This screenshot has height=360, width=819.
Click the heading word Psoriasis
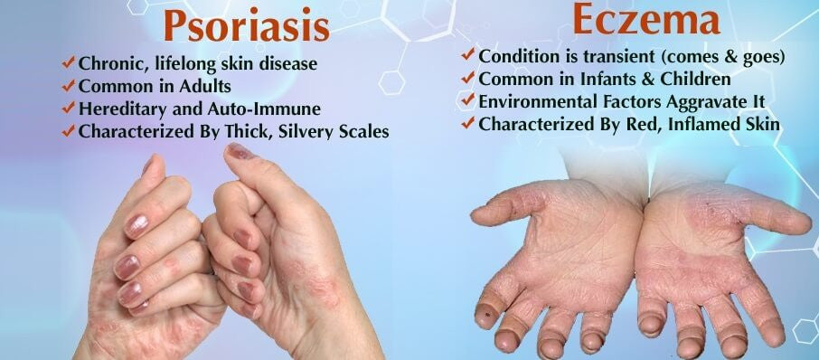point(247,25)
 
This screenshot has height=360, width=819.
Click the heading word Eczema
point(646,20)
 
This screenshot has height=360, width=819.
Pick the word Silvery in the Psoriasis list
point(306,132)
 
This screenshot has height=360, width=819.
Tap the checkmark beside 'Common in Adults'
point(69,85)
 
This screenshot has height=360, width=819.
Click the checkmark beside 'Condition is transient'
point(468,53)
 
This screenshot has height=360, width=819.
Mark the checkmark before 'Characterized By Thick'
point(69,130)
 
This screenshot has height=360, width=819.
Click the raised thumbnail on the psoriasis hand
point(240,151)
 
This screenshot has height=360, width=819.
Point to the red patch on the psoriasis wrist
point(315,283)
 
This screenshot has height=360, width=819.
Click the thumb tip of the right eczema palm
point(795,223)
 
